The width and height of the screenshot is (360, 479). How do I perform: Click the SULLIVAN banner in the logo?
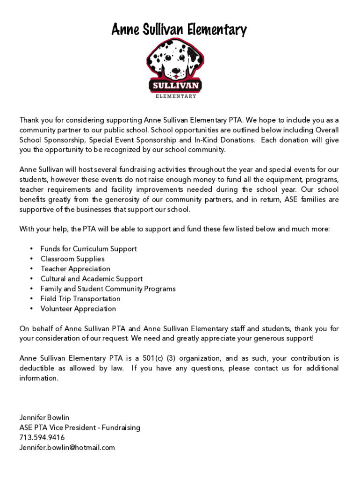(175, 86)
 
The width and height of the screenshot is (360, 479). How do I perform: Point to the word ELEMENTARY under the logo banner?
(175, 96)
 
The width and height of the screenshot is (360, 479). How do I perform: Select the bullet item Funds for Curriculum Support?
(88, 249)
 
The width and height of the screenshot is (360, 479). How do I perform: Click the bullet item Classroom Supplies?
(72, 259)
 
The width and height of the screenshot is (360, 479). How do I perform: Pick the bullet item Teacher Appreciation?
(75, 269)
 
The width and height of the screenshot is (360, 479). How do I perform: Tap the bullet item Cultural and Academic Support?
(92, 279)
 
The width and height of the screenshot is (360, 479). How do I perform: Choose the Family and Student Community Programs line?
(108, 289)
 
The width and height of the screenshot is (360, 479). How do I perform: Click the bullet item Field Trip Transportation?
(80, 299)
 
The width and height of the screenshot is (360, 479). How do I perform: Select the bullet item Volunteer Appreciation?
(78, 309)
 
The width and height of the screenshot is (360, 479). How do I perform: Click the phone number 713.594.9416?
(42, 437)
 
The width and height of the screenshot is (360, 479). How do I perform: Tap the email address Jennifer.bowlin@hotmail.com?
(67, 448)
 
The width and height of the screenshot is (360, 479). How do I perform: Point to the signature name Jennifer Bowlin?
(44, 417)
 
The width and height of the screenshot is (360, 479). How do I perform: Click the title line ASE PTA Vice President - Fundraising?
(79, 428)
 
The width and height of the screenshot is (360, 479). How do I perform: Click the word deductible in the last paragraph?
(37, 369)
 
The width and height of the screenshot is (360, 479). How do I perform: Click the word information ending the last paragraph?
(39, 378)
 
